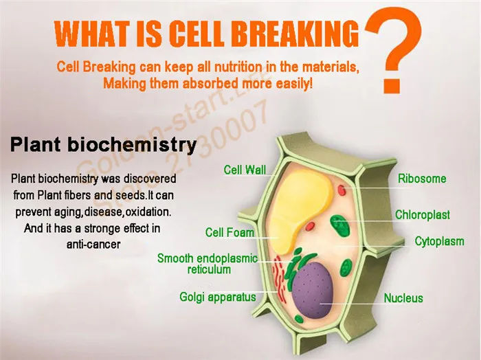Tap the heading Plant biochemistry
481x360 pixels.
103,144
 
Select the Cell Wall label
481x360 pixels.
245,170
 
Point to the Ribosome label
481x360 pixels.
422,179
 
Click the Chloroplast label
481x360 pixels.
423,214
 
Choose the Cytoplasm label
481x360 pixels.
439,241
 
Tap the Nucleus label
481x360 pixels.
403,297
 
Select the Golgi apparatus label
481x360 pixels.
218,297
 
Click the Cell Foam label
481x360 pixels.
230,232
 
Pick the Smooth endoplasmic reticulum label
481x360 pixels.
208,264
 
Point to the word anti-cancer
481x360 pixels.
93,245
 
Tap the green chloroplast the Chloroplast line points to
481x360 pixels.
340,225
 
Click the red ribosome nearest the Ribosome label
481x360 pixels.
342,190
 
